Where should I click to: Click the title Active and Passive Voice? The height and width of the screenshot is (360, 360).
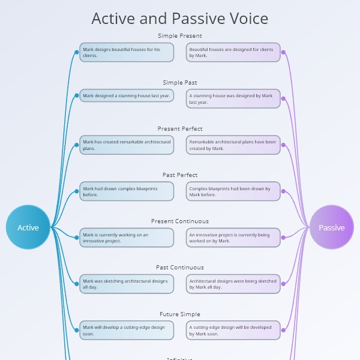pos(180,19)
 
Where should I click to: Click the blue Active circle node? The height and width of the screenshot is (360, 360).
pos(28,227)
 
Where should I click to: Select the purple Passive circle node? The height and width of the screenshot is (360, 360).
pos(331,227)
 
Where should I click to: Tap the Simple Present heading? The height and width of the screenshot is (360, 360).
pos(180,36)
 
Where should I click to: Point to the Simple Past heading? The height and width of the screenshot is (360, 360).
pos(180,82)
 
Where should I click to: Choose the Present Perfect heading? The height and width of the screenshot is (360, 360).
pos(180,128)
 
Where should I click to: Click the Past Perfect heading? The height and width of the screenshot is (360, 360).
pos(180,175)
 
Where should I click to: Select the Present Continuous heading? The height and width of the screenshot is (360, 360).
pos(180,221)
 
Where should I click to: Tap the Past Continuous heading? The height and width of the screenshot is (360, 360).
pos(180,267)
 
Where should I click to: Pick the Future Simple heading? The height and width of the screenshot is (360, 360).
pos(180,314)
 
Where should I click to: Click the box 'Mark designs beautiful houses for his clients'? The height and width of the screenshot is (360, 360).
pos(127,52)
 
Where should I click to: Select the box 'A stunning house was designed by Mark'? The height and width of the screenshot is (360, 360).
pos(233,98)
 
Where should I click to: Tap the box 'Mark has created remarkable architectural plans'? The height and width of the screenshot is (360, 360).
pos(127,145)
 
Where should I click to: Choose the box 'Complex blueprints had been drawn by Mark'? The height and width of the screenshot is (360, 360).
pos(233,191)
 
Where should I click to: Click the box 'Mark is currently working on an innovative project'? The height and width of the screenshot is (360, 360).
pos(127,237)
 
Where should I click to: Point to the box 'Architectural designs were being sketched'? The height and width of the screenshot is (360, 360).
pos(233,283)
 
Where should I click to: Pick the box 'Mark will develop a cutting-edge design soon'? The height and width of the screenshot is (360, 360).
pos(127,330)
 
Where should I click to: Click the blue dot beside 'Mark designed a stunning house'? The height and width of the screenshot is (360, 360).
pos(77,95)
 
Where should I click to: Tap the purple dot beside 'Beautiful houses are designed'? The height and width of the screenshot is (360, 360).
pos(283,52)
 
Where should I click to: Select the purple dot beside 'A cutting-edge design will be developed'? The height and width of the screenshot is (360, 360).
pos(283,330)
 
